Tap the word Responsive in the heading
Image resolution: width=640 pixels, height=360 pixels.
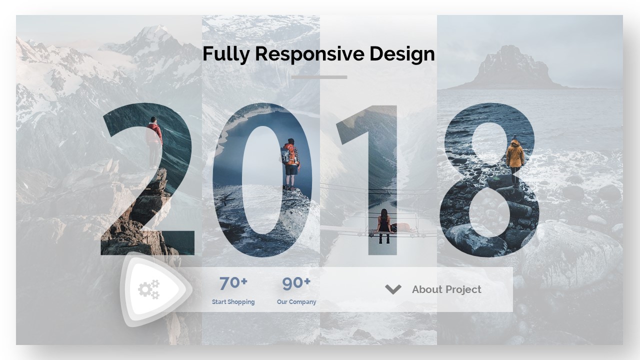309,54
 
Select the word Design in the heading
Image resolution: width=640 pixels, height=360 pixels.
402,54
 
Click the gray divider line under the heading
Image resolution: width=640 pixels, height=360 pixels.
319,77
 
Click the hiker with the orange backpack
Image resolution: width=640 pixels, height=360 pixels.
290,164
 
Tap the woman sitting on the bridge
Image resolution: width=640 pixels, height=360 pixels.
384,225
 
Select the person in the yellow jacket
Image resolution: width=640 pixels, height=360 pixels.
515,160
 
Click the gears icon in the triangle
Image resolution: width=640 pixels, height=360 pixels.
149,289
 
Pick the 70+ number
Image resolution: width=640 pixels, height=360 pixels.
233,283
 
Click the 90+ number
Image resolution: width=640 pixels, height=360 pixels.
296,283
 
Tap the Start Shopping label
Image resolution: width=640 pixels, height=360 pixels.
233,301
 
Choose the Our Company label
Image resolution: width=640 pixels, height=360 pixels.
296,301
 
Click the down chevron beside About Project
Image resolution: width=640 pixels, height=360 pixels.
393,289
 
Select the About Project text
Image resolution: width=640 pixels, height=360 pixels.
446,289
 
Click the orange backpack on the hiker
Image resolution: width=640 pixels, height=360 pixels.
289,154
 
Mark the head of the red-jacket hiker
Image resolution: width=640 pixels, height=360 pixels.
153,119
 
